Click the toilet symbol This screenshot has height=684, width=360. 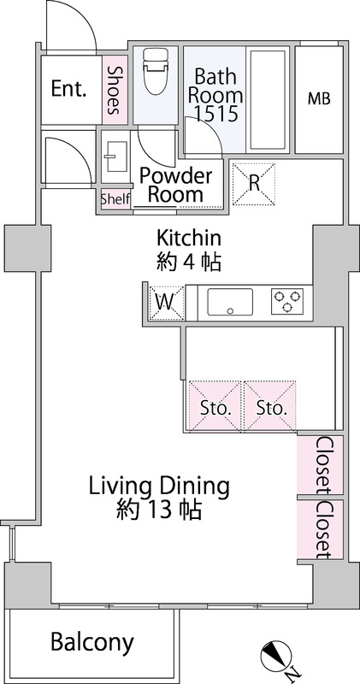click(x=156, y=71)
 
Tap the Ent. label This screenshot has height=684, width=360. click(x=68, y=89)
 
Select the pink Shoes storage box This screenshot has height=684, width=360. click(x=115, y=90)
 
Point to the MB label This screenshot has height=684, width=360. click(x=319, y=99)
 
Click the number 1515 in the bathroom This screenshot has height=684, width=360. click(x=216, y=114)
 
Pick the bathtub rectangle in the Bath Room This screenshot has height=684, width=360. click(x=268, y=99)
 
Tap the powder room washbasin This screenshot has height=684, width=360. click(x=116, y=156)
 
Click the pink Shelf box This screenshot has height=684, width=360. click(x=115, y=199)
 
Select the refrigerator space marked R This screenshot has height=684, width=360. click(x=254, y=184)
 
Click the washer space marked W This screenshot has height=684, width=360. click(x=166, y=303)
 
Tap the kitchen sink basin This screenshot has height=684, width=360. click(x=230, y=302)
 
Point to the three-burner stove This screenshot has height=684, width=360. click(x=287, y=302)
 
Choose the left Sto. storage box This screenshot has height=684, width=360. click(x=215, y=405)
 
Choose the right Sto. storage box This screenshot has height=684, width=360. click(x=269, y=405)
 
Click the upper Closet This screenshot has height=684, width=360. click(x=320, y=465)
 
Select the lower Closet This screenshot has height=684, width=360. click(x=320, y=529)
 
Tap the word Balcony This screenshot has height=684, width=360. click(x=92, y=643)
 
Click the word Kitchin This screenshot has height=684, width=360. click(x=189, y=239)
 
